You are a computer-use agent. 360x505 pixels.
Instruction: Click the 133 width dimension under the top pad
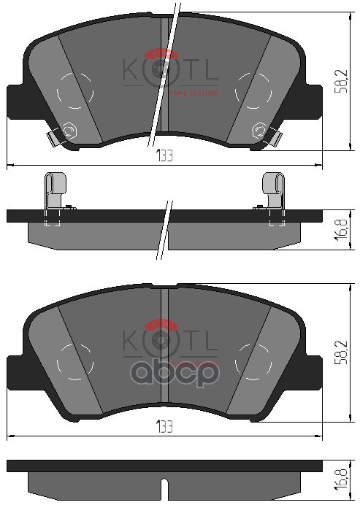pos(164,157)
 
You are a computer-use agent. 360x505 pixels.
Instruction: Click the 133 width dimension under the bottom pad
pos(164,428)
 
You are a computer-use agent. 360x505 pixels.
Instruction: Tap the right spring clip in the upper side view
pos(274,193)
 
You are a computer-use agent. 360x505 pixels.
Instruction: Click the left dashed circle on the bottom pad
pos(75,360)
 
